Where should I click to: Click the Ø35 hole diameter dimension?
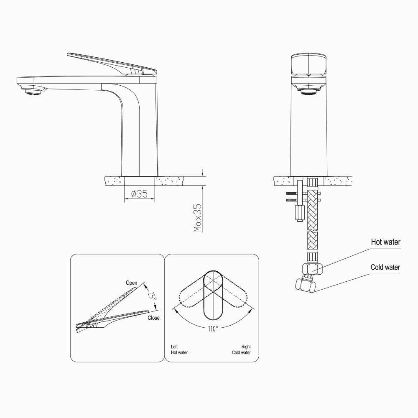[140, 194]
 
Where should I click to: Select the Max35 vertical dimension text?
[198, 218]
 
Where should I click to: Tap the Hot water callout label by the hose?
[385, 242]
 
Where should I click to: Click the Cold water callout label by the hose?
[385, 267]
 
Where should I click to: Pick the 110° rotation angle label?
[213, 329]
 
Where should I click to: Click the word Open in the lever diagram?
[131, 283]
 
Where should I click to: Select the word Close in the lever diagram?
[153, 318]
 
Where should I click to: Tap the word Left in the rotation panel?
[174, 347]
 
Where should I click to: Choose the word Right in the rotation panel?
[246, 347]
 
